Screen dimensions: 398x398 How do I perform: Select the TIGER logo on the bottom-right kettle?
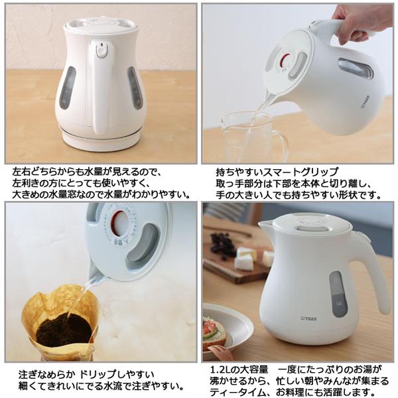(308, 318)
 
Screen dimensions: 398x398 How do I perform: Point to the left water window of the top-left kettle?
(67, 88)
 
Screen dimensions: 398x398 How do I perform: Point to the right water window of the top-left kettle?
(135, 88)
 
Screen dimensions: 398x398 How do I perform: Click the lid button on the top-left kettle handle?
(101, 50)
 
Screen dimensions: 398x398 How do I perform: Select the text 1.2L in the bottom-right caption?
(220, 369)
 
